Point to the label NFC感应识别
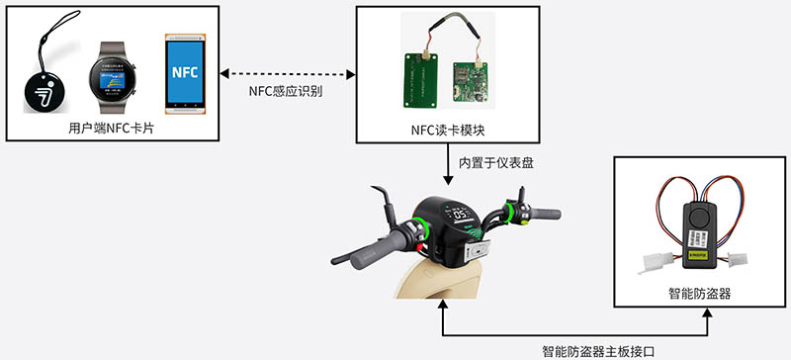pyautogui.click(x=286, y=90)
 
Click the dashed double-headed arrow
pyautogui.click(x=286, y=72)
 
